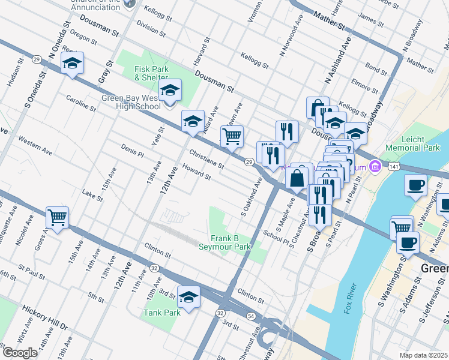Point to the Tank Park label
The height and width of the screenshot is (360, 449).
pyautogui.click(x=162, y=313)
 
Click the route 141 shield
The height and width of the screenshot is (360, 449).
pyautogui.click(x=393, y=165)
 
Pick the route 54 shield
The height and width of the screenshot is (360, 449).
pyautogui.click(x=250, y=316)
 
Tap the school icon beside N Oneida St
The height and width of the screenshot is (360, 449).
pyautogui.click(x=72, y=64)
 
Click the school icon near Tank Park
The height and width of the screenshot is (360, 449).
pyautogui.click(x=188, y=297)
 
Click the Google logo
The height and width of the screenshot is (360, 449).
pyautogui.click(x=20, y=353)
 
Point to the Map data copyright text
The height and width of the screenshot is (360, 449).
pyautogui.click(x=424, y=355)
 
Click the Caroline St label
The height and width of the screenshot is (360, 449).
pyautogui.click(x=81, y=103)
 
